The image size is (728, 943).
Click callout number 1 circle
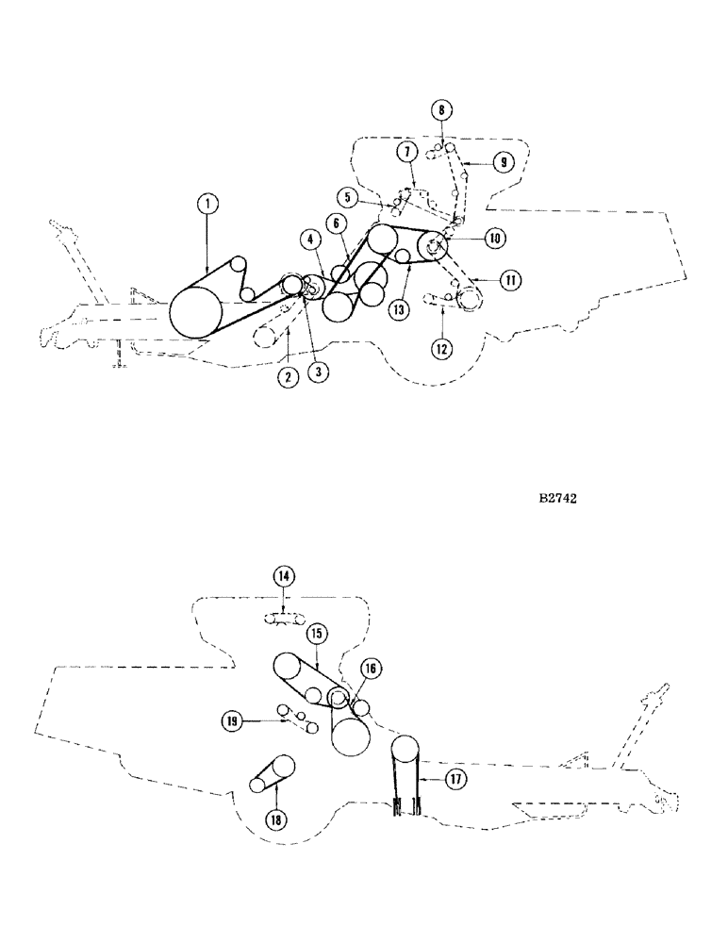point(207,202)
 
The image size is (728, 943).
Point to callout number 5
point(349,199)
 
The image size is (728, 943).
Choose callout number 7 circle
point(406,152)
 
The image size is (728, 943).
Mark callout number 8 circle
point(441,110)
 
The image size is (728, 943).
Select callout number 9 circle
point(504,162)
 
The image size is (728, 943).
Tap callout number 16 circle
point(370,669)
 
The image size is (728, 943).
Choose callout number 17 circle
point(456,779)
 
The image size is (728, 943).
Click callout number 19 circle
point(230,722)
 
